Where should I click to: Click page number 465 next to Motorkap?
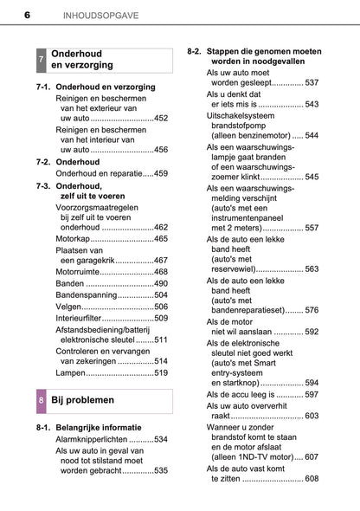tap(161, 237)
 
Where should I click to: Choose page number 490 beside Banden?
tap(161, 283)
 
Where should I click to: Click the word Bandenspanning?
tap(85, 295)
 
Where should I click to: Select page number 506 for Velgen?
tap(161, 307)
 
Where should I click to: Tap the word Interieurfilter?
tap(84, 319)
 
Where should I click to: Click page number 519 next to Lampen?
tap(161, 372)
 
